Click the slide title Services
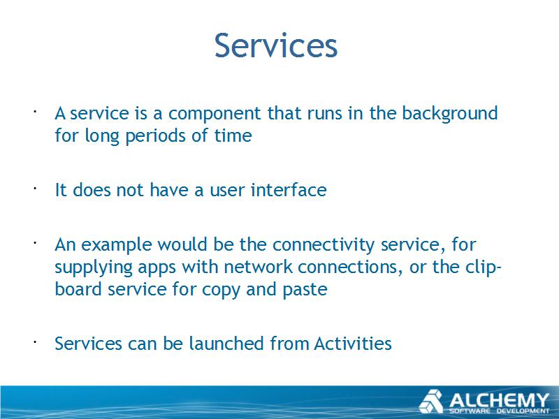coord(275,45)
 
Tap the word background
coord(449,114)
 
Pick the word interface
coord(289,189)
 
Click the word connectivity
coord(324,245)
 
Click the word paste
coord(305,290)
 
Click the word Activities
coord(353,343)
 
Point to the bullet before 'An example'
coord(35,244)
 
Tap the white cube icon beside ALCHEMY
coord(432,402)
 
